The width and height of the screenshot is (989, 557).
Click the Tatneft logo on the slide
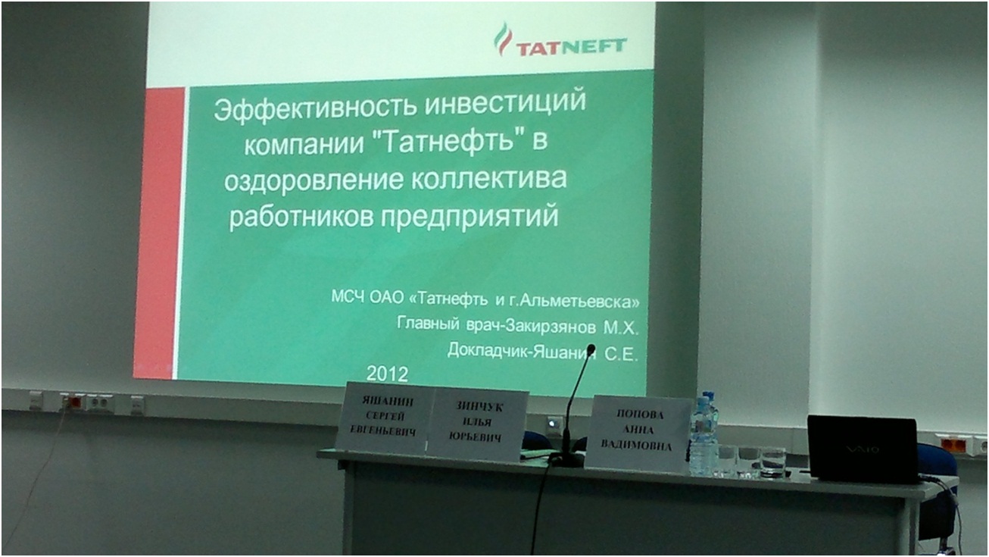click(x=560, y=41)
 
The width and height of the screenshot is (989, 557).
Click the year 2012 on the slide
click(x=387, y=374)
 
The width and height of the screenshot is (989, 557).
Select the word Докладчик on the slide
click(x=488, y=351)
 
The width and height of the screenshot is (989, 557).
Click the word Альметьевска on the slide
click(x=579, y=302)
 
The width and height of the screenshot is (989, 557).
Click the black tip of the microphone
click(x=591, y=350)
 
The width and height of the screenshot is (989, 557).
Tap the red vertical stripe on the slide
click(x=158, y=233)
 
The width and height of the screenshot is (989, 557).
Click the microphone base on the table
click(x=566, y=459)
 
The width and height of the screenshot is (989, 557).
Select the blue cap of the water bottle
click(x=708, y=396)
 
